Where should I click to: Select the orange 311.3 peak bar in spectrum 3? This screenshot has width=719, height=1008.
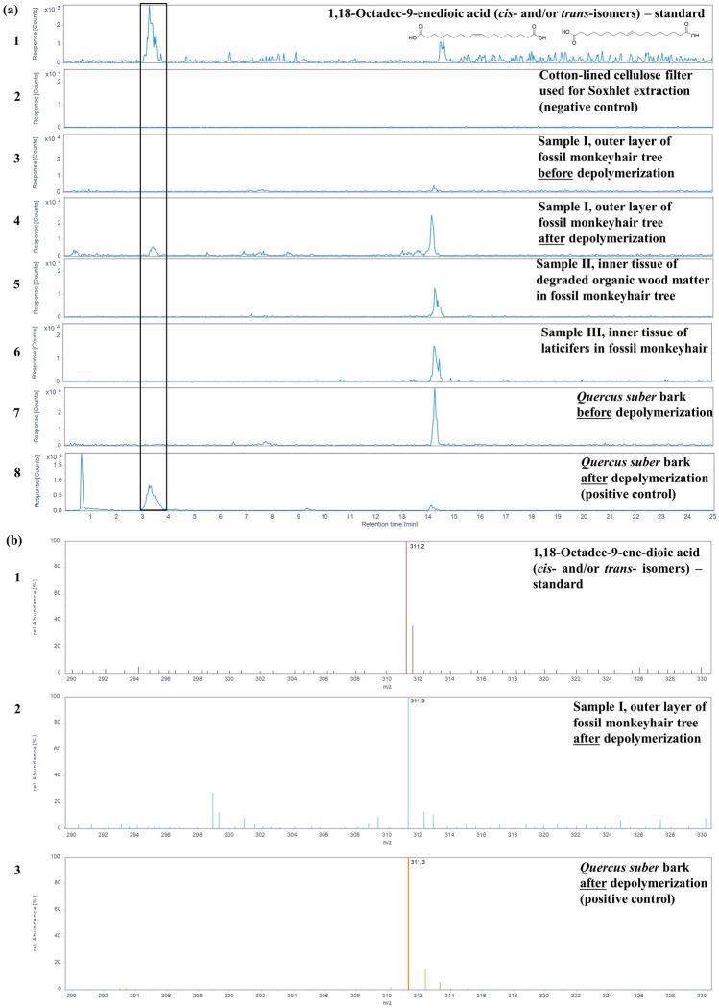click(409, 922)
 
